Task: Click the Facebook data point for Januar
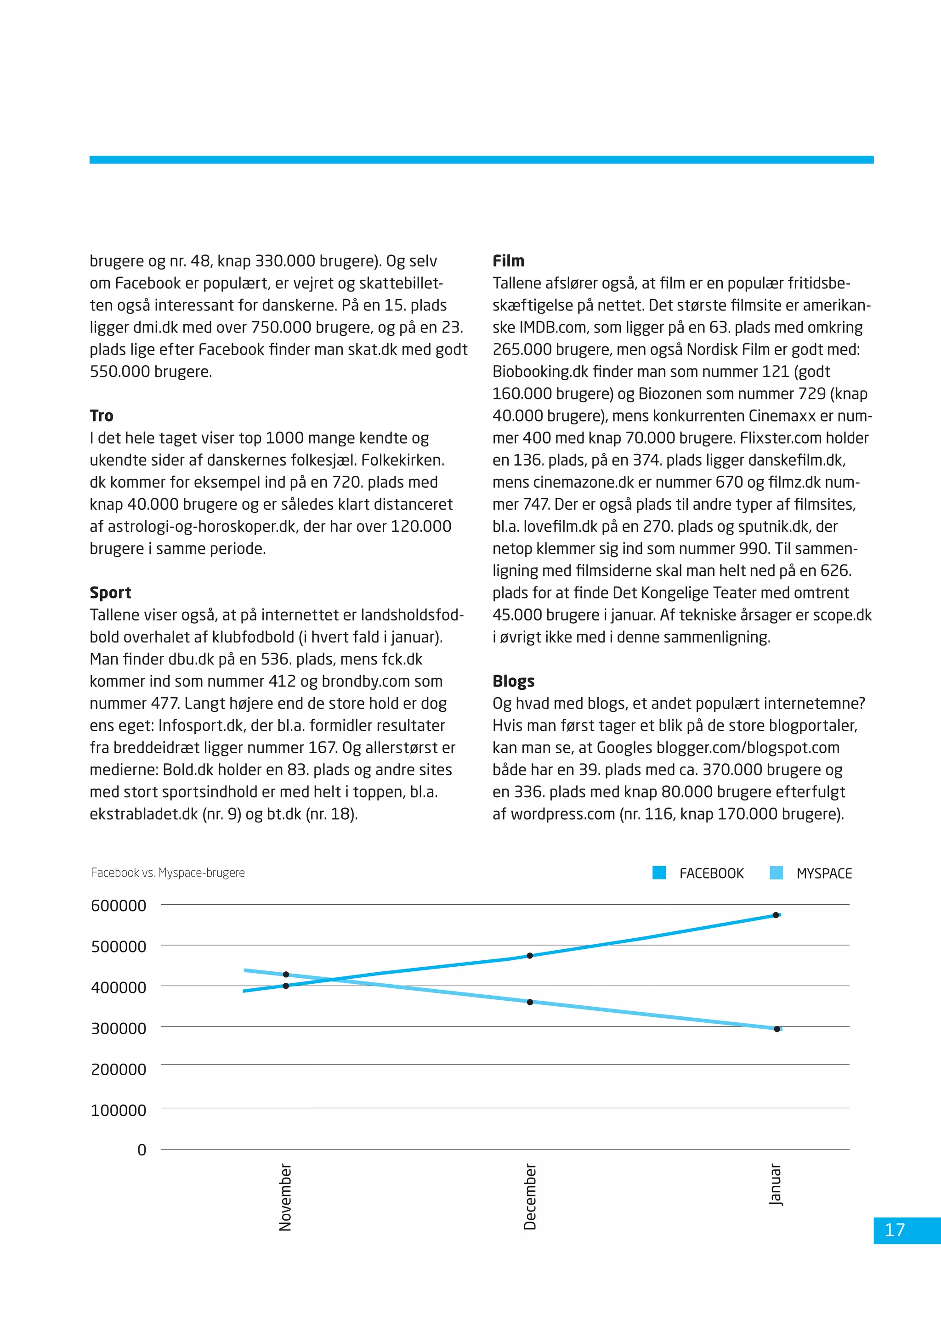point(775,915)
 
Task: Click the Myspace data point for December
point(530,1002)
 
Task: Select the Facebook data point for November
point(286,986)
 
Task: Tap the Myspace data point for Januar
point(777,1029)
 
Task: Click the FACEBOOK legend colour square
point(659,873)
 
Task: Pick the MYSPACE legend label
point(823,874)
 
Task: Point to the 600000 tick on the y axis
point(119,905)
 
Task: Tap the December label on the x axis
point(530,1197)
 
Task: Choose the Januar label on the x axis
point(775,1184)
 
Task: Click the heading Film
point(508,261)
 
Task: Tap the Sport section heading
point(110,592)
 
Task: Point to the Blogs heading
point(513,681)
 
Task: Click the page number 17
point(894,1230)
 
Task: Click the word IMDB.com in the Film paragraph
point(556,328)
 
